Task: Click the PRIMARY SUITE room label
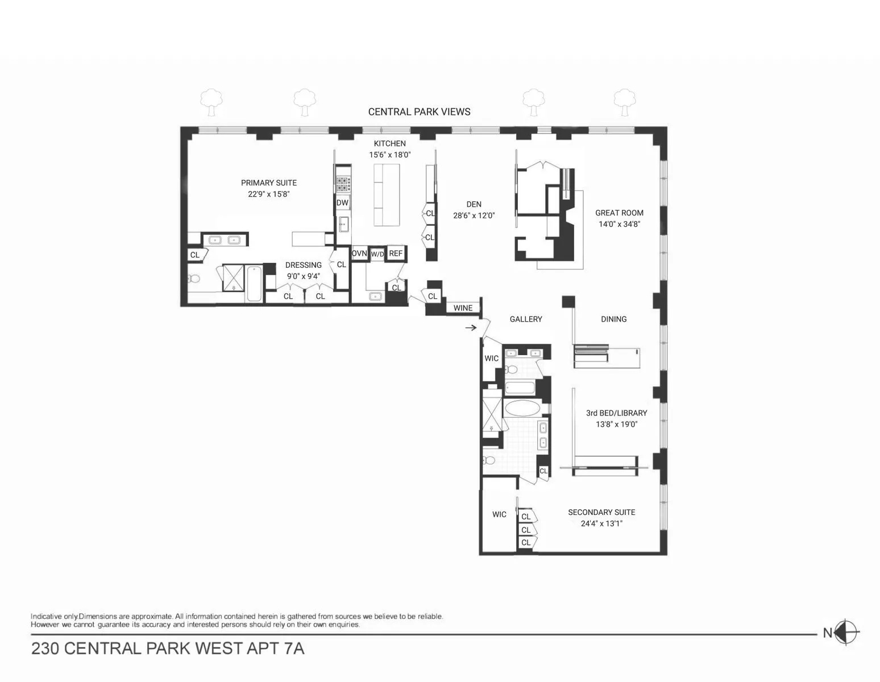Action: coord(269,183)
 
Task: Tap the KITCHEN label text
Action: coord(389,144)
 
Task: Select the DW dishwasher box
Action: coord(342,203)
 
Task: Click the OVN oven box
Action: coord(359,253)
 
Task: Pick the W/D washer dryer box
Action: coord(377,254)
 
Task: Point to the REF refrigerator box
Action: coord(396,253)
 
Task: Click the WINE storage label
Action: coord(463,308)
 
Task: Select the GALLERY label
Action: coord(526,319)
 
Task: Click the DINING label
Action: coord(614,319)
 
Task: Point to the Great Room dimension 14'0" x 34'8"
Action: coord(619,224)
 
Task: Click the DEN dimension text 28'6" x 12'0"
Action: coord(474,215)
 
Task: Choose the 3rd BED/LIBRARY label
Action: coord(616,413)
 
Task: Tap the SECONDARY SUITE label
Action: coord(601,512)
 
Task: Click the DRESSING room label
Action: coord(304,265)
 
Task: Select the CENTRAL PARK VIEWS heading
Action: coord(420,112)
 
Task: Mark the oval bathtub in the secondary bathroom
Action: coord(520,409)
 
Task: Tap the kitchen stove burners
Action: coord(343,183)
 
